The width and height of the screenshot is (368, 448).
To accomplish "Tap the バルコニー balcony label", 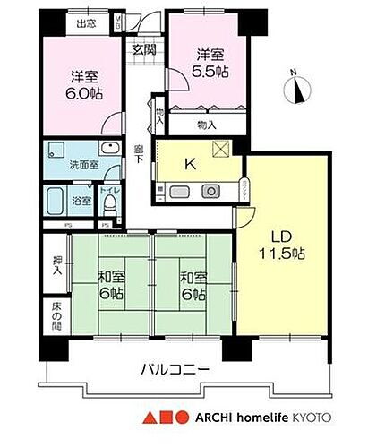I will [176, 369].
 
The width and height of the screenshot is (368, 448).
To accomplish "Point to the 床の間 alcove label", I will [57, 315].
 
